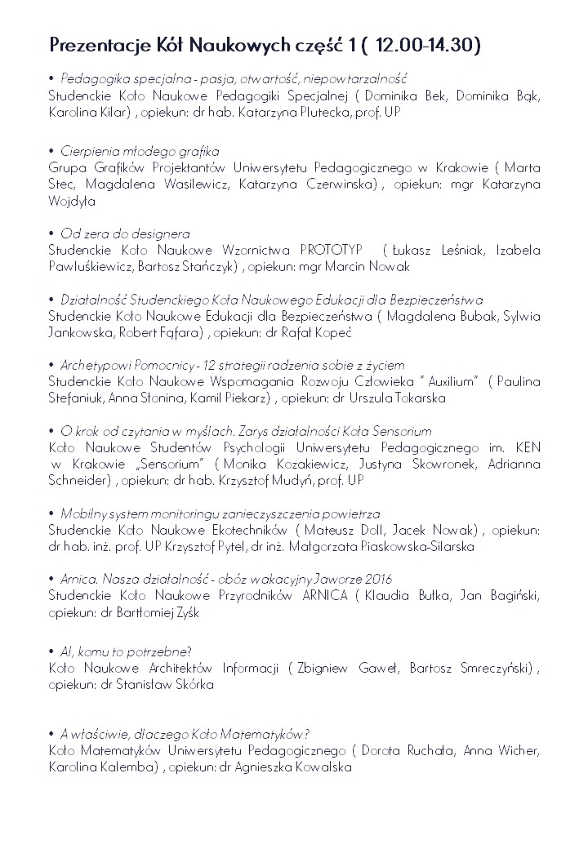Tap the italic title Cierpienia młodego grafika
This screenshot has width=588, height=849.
point(140,151)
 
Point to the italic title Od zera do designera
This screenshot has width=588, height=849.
point(125,233)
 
